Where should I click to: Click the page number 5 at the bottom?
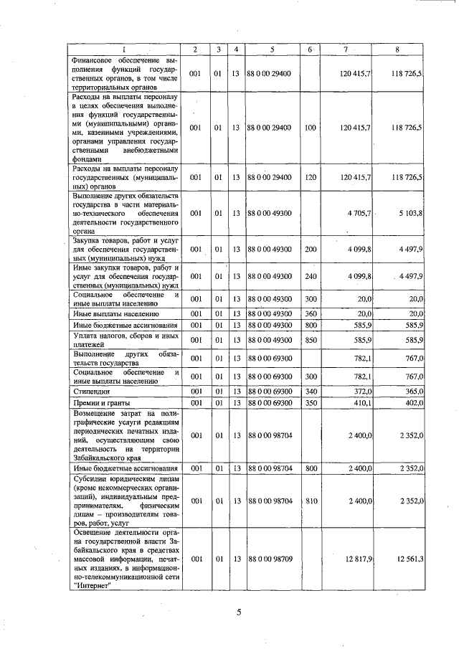[240, 612]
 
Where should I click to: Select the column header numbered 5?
[273, 49]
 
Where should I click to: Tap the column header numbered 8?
[397, 49]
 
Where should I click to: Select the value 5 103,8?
[409, 213]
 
